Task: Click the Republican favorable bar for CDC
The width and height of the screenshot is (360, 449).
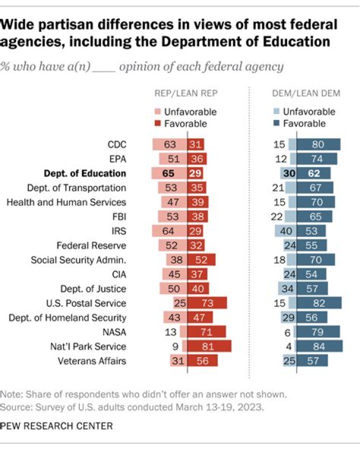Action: click(x=196, y=144)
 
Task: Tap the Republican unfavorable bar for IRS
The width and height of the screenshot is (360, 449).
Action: click(x=169, y=231)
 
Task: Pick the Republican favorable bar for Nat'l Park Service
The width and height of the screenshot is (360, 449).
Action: click(x=209, y=346)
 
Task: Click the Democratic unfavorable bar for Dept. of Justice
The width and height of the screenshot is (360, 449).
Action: click(x=287, y=288)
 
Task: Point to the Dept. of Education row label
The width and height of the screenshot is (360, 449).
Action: click(x=85, y=173)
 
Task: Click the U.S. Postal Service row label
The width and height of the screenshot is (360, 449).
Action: click(x=86, y=303)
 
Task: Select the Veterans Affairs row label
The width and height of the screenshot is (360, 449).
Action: click(x=92, y=361)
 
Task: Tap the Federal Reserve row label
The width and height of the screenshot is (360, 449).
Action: click(x=91, y=245)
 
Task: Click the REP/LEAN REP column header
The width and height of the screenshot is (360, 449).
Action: click(x=186, y=93)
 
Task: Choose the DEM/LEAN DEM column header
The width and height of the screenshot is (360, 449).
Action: click(x=306, y=93)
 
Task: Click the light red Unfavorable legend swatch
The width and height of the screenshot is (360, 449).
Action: click(x=157, y=111)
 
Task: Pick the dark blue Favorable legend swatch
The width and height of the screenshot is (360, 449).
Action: click(x=276, y=123)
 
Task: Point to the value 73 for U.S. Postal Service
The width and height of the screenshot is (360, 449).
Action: click(x=207, y=303)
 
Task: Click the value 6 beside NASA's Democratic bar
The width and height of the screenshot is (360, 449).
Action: click(x=287, y=332)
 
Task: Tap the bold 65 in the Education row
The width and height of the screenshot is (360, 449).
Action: click(x=168, y=173)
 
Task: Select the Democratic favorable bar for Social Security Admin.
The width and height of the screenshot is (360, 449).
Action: click(x=315, y=259)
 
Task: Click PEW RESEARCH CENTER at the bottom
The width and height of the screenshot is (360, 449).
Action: click(x=56, y=426)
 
